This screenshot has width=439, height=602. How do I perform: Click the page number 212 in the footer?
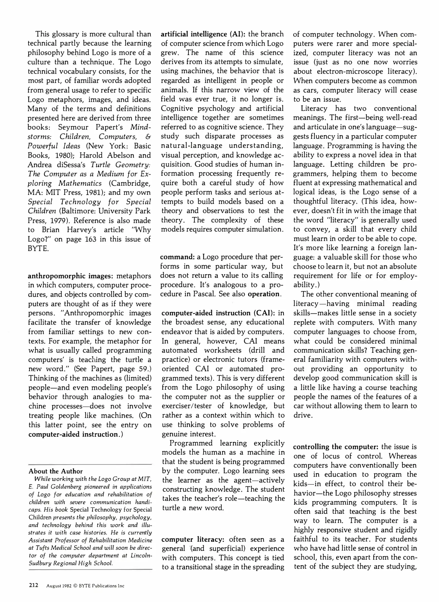point(33,585)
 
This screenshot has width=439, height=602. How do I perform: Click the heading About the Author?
point(56,471)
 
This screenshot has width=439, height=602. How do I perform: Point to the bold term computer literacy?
point(193,539)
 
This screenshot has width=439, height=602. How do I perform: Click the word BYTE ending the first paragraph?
point(38,248)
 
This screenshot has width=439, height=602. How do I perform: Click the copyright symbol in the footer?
point(75,586)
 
